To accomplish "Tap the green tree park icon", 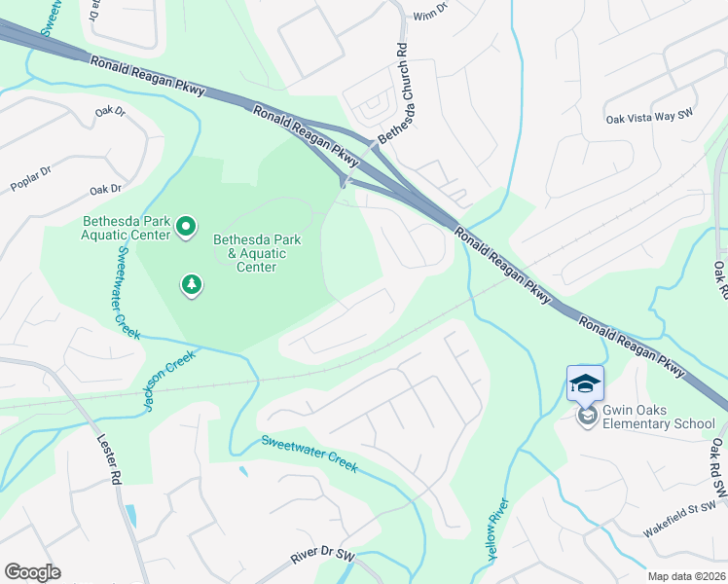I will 193,285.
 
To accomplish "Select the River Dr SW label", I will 323,555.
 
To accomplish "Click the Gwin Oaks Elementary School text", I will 658,416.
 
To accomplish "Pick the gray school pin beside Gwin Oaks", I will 587,416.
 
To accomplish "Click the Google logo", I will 32,572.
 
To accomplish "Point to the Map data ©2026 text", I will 686,576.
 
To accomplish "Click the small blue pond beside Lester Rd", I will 131,515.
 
